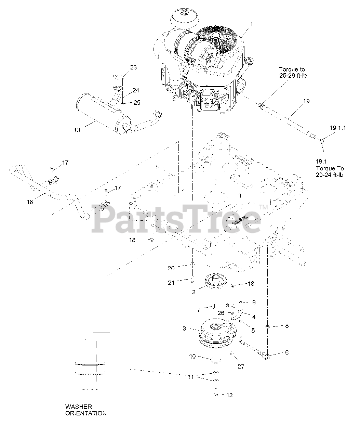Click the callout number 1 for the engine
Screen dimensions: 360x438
tap(252, 25)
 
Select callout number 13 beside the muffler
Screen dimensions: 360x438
tap(77, 130)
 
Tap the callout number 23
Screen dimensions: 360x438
tap(134, 67)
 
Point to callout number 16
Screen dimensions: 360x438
tap(30, 202)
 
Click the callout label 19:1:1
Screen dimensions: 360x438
tap(337, 128)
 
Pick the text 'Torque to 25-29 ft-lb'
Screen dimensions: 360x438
tap(293, 72)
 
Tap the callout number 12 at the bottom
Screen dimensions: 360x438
tap(229, 395)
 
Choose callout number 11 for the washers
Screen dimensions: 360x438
tap(191, 377)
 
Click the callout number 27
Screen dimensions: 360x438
tap(241, 366)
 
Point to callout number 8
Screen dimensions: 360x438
tap(287, 326)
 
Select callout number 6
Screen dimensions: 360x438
tap(287, 352)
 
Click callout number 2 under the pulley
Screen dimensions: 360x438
tap(194, 292)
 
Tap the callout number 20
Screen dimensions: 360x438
tap(171, 268)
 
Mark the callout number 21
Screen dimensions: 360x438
tap(171, 283)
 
